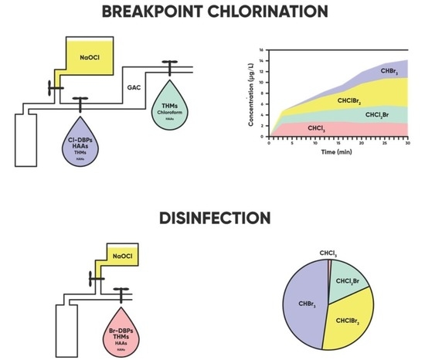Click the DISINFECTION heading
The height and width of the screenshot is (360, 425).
point(213,219)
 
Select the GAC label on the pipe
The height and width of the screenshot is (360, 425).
point(133,89)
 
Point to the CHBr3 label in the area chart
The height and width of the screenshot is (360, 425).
point(389,70)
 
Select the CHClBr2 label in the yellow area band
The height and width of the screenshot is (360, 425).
point(349,100)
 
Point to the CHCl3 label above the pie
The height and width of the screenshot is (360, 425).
point(328,251)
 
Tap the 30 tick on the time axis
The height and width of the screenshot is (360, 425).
point(408,143)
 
